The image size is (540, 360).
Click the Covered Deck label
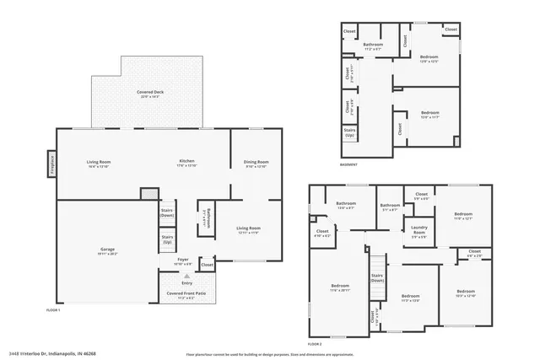click(x=148, y=93)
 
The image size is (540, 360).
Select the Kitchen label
click(x=186, y=163)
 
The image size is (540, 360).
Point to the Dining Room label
click(x=256, y=164)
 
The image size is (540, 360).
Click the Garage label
click(x=107, y=250)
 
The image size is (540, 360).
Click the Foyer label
click(x=182, y=261)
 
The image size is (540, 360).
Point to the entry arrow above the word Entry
click(x=187, y=276)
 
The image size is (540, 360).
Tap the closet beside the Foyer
click(x=208, y=265)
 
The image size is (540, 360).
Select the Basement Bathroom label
click(x=373, y=46)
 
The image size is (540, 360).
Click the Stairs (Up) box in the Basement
click(x=349, y=132)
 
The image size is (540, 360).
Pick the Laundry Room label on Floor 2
click(x=418, y=228)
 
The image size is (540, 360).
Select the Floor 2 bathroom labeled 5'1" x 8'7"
click(x=389, y=207)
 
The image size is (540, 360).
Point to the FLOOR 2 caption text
click(x=315, y=345)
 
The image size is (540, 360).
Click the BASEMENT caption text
click(x=348, y=164)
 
